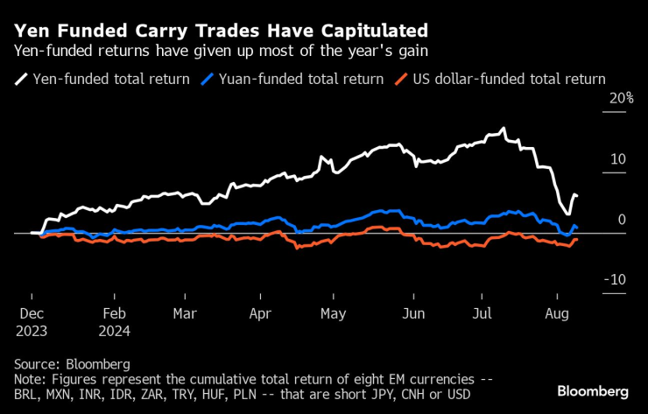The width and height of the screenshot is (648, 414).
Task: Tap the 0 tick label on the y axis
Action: pyautogui.click(x=622, y=220)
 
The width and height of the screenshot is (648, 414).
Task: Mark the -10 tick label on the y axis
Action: pyautogui.click(x=614, y=280)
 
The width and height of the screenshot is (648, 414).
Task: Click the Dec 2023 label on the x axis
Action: pyautogui.click(x=32, y=320)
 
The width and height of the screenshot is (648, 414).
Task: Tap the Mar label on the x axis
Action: pyautogui.click(x=184, y=312)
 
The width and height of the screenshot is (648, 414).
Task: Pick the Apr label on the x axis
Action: pyautogui.click(x=260, y=312)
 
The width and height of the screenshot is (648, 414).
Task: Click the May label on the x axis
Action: pyautogui.click(x=334, y=312)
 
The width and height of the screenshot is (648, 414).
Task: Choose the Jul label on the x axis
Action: pyautogui.click(x=482, y=312)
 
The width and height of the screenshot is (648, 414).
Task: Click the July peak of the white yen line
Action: pyautogui.click(x=503, y=130)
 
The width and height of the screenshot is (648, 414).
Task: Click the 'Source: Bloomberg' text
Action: pyautogui.click(x=72, y=363)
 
